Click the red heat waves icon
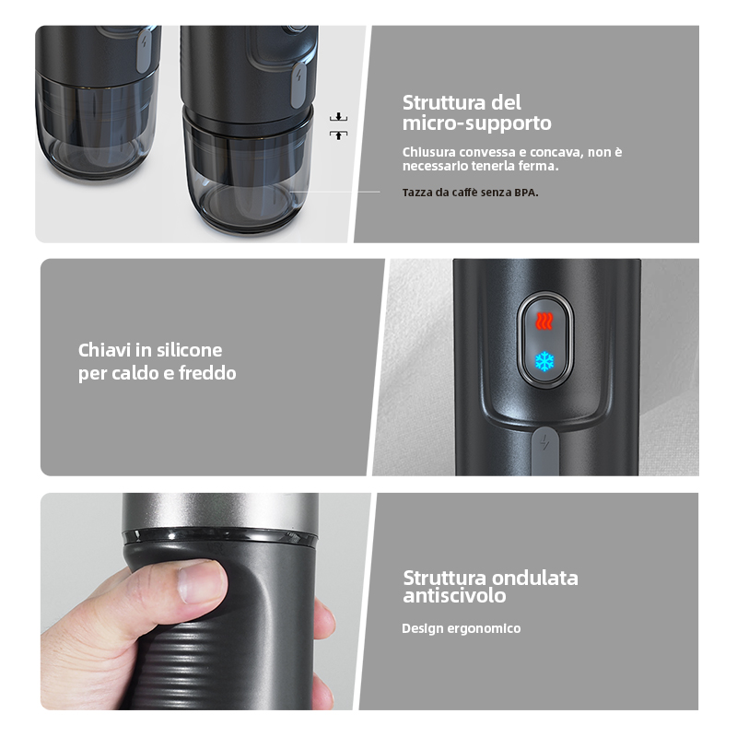click(544, 322)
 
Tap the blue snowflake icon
click(544, 361)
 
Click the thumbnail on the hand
click(201, 584)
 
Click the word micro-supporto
click(476, 123)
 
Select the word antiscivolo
click(454, 596)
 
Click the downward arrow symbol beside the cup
click(338, 117)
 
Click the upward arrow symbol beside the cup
click(338, 135)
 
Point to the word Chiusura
click(428, 152)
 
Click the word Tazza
click(415, 193)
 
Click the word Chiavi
click(104, 350)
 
